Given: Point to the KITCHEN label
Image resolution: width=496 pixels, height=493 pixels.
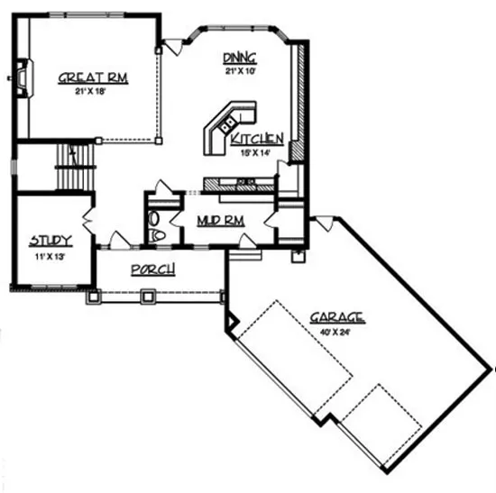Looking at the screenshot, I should point(257,139).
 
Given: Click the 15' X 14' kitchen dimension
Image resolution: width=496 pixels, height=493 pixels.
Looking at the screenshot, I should point(257,153).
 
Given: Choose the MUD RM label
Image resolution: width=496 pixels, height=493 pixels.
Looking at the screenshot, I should point(220,220).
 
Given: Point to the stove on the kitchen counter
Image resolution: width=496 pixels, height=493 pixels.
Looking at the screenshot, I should point(244,184).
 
